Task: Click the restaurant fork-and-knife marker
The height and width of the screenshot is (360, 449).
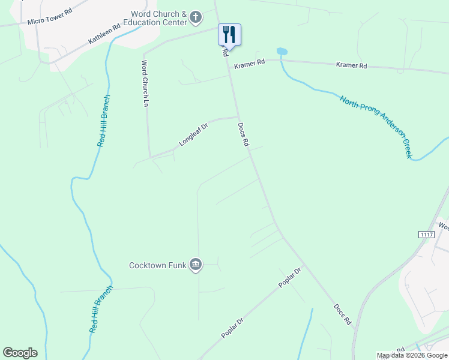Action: [x=229, y=34]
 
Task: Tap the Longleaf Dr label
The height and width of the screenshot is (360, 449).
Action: [x=193, y=135]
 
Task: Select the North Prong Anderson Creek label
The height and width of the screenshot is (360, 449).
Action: [x=376, y=126]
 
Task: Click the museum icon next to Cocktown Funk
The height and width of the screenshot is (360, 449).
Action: [x=196, y=265]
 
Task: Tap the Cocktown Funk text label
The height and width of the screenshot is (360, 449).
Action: [x=158, y=265]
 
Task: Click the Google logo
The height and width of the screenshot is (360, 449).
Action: [x=20, y=353]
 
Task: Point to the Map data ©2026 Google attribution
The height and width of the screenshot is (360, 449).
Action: [x=412, y=355]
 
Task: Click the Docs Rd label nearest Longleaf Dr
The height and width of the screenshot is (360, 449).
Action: [x=243, y=135]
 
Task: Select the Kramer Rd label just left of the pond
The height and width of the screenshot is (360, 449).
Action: [x=250, y=63]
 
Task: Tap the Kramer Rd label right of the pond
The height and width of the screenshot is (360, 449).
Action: [x=351, y=65]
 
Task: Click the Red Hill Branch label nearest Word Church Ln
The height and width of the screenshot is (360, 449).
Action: [x=104, y=121]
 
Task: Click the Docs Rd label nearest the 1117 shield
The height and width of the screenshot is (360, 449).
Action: [x=343, y=314]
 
